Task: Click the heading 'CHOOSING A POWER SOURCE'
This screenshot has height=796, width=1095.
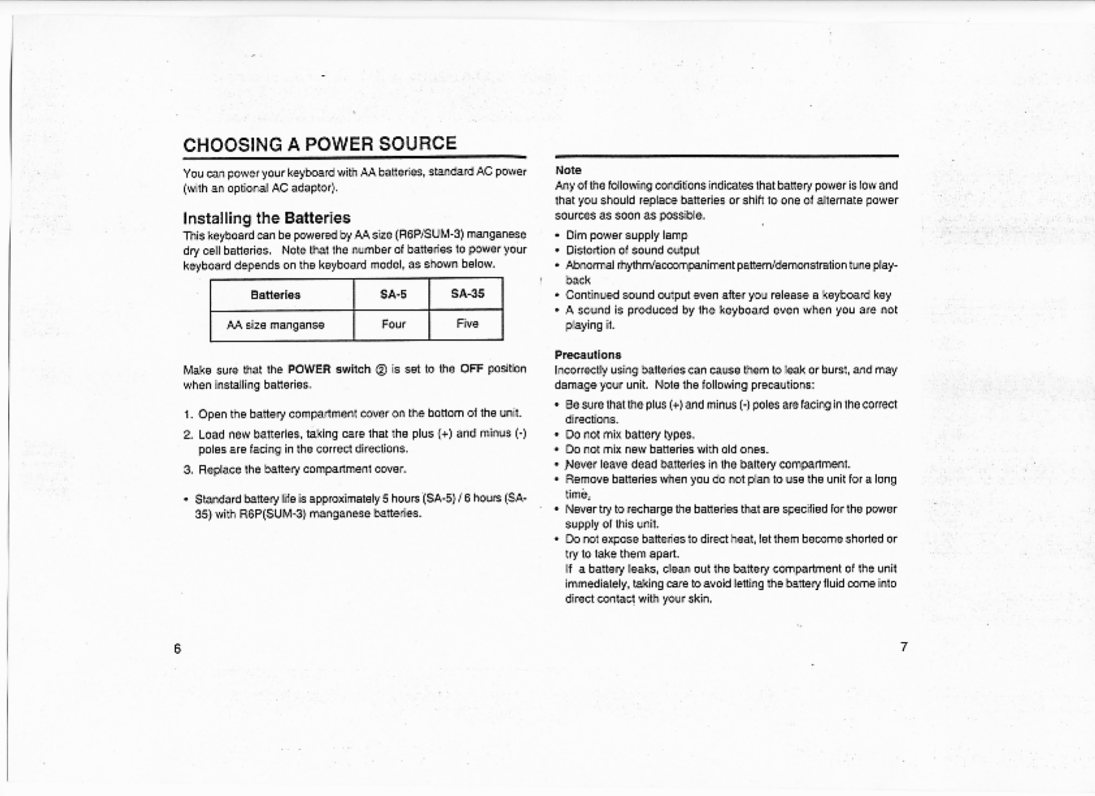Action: [x=319, y=144]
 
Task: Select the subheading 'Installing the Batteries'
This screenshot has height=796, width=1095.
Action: [x=267, y=218]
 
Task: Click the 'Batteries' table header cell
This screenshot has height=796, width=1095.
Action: [x=276, y=295]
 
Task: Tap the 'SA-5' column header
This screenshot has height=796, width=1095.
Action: [x=393, y=295]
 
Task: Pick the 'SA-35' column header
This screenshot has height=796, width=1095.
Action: [x=468, y=294]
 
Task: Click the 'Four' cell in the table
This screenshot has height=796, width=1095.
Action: [x=393, y=325]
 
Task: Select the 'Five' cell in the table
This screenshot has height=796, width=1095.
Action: [x=468, y=324]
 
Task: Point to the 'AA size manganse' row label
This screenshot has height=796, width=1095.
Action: [x=276, y=325]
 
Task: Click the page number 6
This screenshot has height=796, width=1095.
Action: [x=178, y=648]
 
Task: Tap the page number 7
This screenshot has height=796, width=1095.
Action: [x=903, y=647]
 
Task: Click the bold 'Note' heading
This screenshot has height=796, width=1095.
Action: [x=568, y=170]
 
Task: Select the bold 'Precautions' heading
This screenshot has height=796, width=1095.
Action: [x=588, y=355]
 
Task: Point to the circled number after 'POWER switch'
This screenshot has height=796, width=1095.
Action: [x=381, y=370]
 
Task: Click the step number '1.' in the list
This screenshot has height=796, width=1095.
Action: [x=188, y=414]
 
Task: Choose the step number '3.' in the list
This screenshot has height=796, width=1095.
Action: [x=188, y=470]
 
